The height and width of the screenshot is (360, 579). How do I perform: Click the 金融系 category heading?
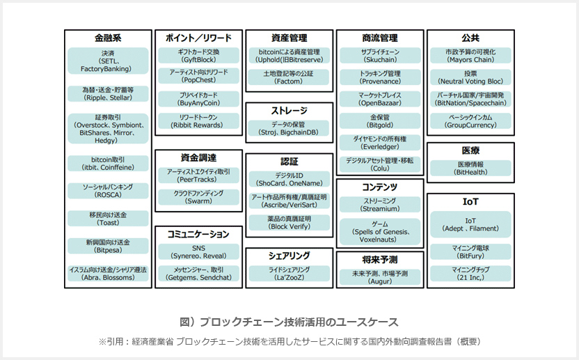(x=108, y=38)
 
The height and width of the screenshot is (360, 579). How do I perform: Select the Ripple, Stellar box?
(x=108, y=94)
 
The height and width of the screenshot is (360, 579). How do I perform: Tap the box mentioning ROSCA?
(x=108, y=191)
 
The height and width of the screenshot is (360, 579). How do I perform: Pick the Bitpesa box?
(x=108, y=246)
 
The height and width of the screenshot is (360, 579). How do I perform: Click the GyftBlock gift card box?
(x=198, y=56)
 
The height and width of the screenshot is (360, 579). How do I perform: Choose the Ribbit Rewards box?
(x=198, y=121)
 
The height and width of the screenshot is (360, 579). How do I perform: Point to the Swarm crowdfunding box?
(x=198, y=197)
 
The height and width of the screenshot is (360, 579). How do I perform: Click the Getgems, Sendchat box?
(x=198, y=274)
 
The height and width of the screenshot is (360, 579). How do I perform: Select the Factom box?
(x=289, y=77)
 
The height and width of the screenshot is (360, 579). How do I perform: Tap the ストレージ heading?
(x=289, y=111)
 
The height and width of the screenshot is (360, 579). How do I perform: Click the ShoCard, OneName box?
(x=289, y=179)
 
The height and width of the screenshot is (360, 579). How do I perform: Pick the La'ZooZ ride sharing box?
(x=289, y=274)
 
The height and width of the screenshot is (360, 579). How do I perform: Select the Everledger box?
(x=380, y=143)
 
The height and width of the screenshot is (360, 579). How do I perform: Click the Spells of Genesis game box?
(x=380, y=232)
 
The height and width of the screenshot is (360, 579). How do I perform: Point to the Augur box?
(x=380, y=278)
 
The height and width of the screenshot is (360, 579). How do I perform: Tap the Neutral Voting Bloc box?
(x=470, y=77)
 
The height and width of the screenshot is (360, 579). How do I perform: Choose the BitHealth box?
(x=470, y=169)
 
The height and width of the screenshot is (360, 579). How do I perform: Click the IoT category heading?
(x=470, y=202)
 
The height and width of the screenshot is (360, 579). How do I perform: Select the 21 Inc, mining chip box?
(x=470, y=274)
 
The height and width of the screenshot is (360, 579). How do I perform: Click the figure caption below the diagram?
(x=289, y=322)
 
